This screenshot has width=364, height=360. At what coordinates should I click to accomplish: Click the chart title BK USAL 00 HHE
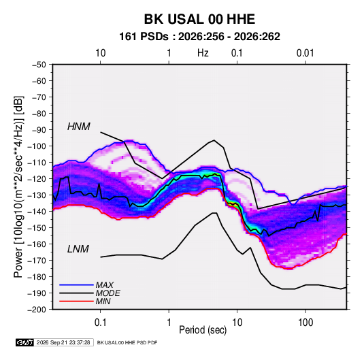pyautogui.click(x=199, y=19)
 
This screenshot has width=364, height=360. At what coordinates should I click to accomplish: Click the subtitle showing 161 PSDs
pyautogui.click(x=199, y=37)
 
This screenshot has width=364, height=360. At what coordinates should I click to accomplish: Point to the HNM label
pyautogui.click(x=79, y=127)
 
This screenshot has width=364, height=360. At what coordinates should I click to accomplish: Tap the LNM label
pyautogui.click(x=78, y=249)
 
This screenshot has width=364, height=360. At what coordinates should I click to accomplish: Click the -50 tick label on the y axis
pyautogui.click(x=39, y=65)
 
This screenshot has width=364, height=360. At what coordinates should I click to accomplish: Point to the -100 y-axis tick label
pyautogui.click(x=37, y=146)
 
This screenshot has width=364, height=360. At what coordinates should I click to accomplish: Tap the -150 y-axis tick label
pyautogui.click(x=37, y=227)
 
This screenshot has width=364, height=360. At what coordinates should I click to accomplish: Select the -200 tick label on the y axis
pyautogui.click(x=37, y=310)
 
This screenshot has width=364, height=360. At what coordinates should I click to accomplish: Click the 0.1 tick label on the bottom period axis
pyautogui.click(x=100, y=323)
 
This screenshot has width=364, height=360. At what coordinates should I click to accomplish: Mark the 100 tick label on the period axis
pyautogui.click(x=305, y=323)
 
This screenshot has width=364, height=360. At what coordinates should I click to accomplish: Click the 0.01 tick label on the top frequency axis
pyautogui.click(x=305, y=53)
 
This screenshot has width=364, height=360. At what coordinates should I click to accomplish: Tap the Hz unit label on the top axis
pyautogui.click(x=203, y=53)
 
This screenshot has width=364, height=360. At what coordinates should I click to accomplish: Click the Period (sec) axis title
pyautogui.click(x=203, y=330)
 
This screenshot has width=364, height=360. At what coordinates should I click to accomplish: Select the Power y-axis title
pyautogui.click(x=18, y=187)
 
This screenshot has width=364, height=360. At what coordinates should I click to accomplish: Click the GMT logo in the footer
pyautogui.click(x=25, y=342)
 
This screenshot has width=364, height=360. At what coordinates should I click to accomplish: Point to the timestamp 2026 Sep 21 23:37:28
pyautogui.click(x=63, y=342)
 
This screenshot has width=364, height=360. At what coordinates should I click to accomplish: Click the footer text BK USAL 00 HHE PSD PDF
pyautogui.click(x=127, y=342)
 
